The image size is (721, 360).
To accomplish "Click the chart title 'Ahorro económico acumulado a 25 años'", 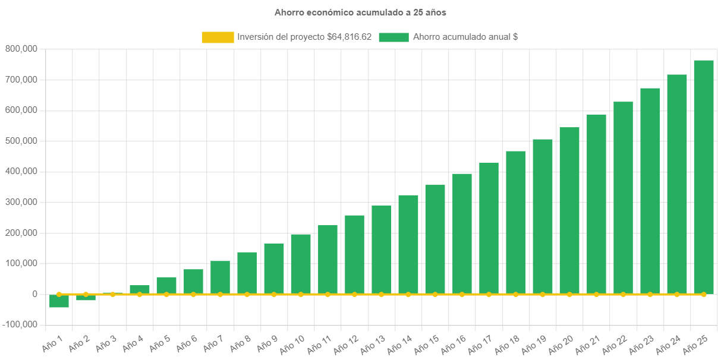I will [360, 12].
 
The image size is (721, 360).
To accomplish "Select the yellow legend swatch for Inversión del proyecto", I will [218, 37].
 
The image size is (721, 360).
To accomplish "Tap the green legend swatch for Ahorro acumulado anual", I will [393, 37].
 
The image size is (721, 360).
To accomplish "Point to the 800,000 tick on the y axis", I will [21, 49].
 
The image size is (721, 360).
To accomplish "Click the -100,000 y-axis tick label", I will [20, 324].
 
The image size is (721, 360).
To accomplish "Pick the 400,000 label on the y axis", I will [21, 171].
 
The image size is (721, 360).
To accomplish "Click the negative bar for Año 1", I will [59, 301].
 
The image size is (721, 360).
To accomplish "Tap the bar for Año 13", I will [382, 250].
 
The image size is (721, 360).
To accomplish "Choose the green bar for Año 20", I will [569, 210].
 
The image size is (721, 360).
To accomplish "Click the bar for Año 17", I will [489, 228].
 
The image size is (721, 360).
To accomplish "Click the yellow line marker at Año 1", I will [59, 294].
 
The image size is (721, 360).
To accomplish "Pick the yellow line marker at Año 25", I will [703, 294].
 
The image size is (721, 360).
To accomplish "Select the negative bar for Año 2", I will [86, 298].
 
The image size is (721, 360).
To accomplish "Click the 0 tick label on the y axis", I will [35, 294].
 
